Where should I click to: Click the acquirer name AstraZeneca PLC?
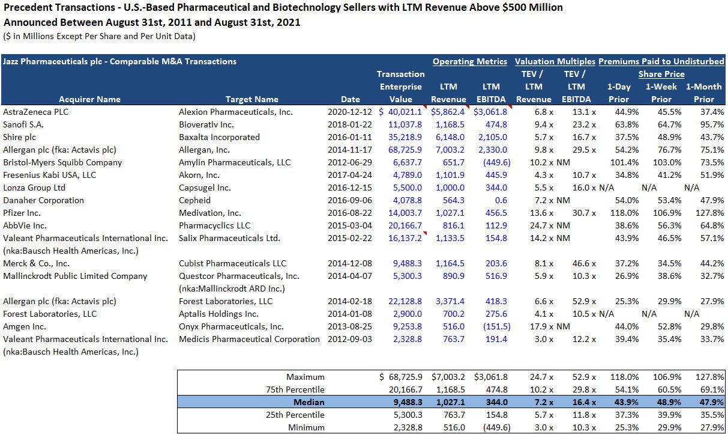32,112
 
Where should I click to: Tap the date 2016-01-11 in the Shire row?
350,137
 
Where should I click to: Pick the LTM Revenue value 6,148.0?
448,137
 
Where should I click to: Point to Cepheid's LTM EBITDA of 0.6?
501,200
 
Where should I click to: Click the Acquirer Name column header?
89,99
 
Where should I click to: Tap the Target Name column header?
251,99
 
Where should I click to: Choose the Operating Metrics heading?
469,61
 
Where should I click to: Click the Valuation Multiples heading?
555,61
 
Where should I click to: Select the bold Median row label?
309,402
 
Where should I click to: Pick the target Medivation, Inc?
209,213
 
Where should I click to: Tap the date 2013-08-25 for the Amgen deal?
350,326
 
